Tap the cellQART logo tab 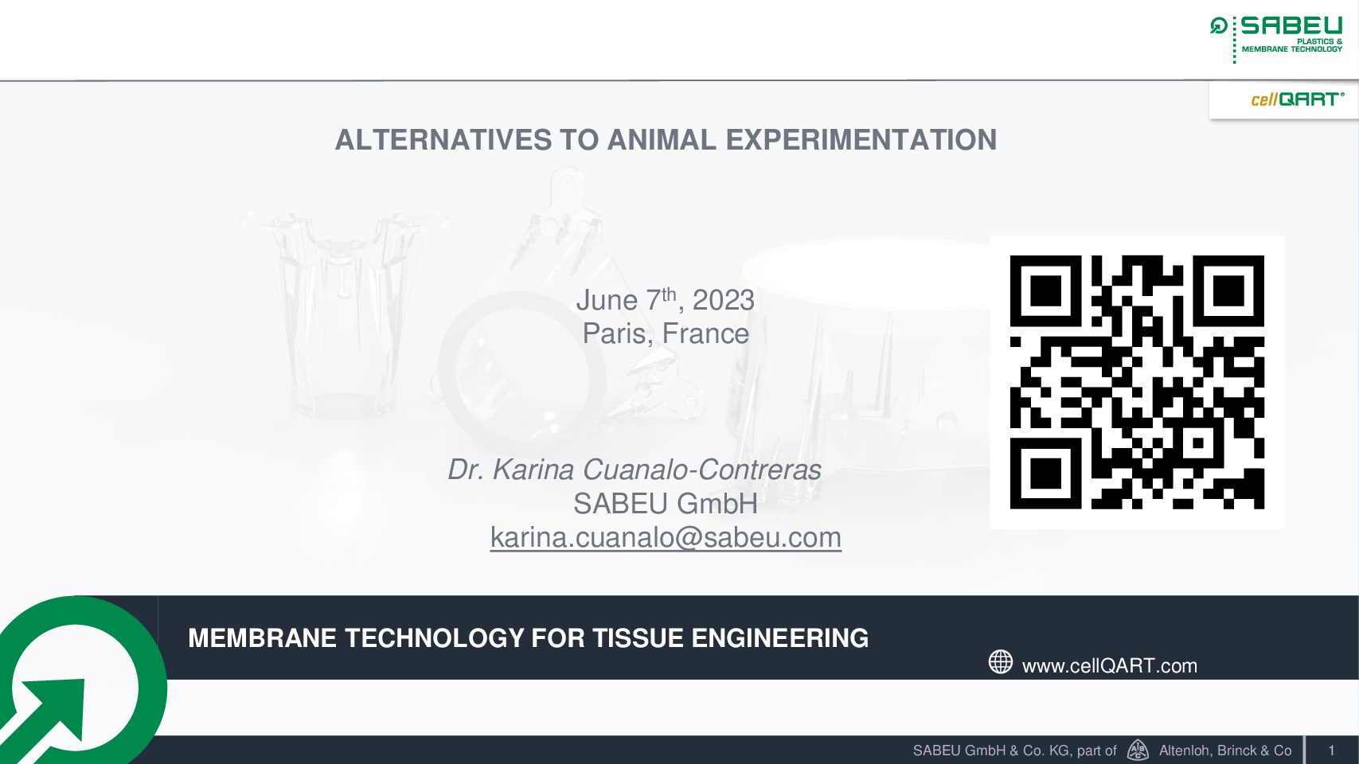pos(1284,100)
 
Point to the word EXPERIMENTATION pos(861,140)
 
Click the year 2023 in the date pos(723,300)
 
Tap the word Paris pos(614,333)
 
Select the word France pos(705,333)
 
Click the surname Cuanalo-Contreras pos(702,470)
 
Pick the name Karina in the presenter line pos(533,470)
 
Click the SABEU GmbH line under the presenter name pos(666,504)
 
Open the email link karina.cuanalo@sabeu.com pos(666,538)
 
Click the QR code pos(1137,382)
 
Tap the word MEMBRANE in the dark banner pos(262,638)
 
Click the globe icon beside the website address pos(1001,661)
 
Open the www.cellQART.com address pos(1110,666)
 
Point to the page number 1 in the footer pos(1332,750)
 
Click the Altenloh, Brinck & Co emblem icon pos(1138,750)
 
